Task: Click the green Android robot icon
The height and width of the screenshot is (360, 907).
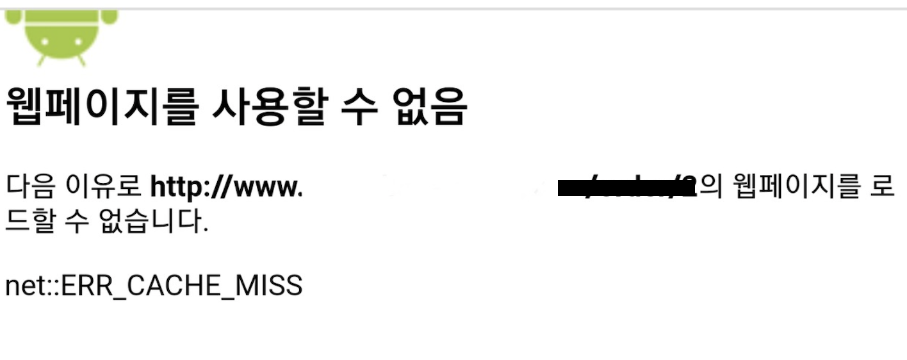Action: tap(61, 35)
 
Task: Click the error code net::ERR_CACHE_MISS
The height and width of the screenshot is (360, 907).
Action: tap(154, 286)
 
